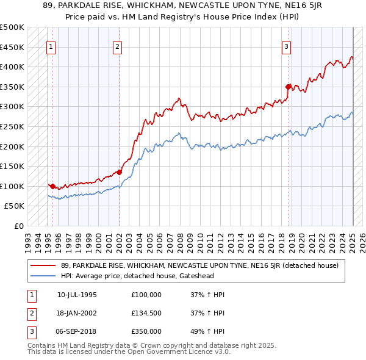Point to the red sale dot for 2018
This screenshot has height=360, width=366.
[289, 87]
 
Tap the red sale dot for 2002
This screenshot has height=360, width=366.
[119, 172]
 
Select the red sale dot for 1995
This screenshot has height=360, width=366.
[53, 186]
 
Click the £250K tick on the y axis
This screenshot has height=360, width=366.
[13, 126]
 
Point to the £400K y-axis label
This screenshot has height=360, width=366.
[13, 67]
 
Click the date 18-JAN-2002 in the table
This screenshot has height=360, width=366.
[77, 313]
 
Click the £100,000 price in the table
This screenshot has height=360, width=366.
[146, 295]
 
